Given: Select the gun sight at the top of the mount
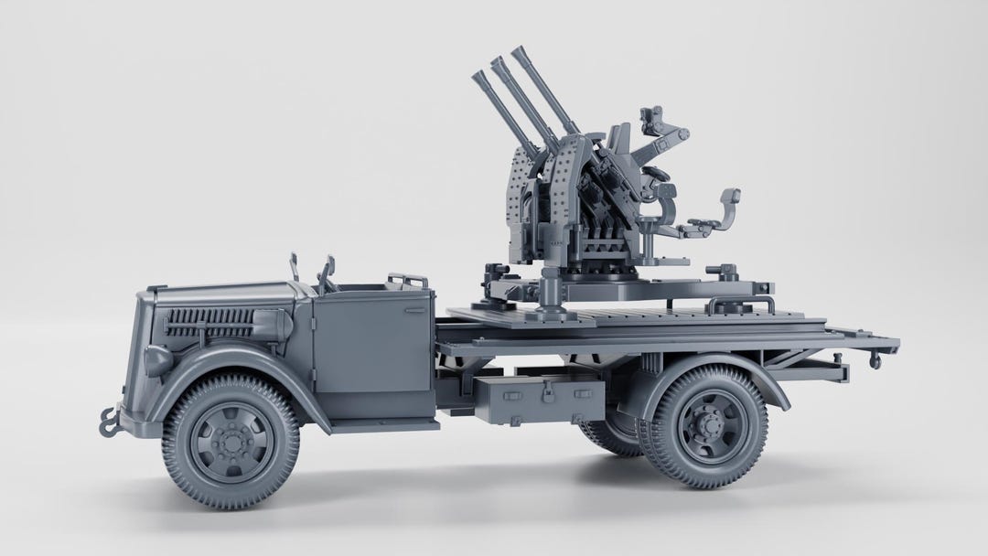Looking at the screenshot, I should (655, 116).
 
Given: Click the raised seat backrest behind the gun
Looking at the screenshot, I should (728, 198).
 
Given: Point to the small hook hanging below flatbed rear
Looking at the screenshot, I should (875, 363).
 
